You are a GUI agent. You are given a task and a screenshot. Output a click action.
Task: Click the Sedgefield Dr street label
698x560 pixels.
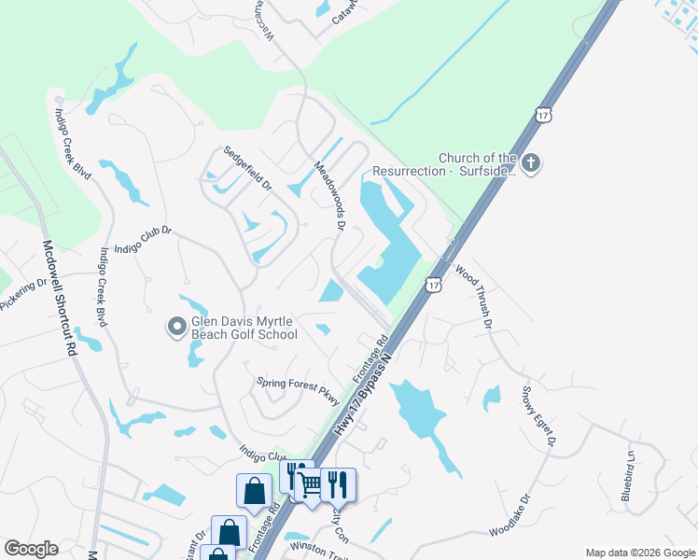coord(246,167)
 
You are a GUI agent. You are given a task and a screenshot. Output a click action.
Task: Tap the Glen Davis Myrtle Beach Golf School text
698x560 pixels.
coord(244,327)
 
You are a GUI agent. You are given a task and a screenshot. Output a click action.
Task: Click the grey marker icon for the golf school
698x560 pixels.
coord(176,327)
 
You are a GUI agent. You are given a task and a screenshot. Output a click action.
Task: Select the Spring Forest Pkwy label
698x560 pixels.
coord(297,384)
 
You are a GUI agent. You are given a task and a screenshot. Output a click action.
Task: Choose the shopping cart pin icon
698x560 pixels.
coord(310,483)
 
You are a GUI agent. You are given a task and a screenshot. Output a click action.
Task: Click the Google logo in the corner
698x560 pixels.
coord(31,549)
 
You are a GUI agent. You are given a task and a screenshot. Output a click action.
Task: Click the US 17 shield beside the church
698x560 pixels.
coord(545,115)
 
